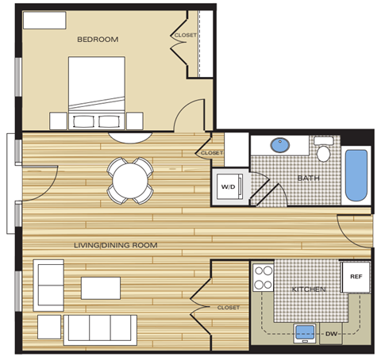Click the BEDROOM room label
point(98,39)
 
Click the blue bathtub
point(358,174)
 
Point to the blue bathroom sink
point(279,145)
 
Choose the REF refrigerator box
point(356,277)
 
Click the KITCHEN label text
point(308,290)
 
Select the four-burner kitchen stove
point(263,278)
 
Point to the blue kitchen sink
point(304,331)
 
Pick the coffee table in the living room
point(100,287)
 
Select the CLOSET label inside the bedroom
point(185,35)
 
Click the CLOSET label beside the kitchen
point(227,308)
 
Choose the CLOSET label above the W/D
point(212,153)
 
